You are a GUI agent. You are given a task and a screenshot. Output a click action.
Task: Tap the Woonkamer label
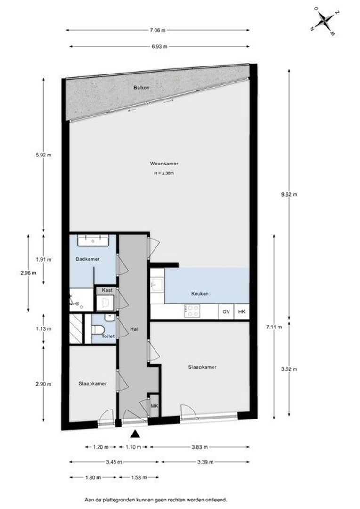164,164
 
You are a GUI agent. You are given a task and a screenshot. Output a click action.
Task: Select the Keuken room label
200,293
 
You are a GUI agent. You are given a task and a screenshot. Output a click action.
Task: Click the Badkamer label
87,259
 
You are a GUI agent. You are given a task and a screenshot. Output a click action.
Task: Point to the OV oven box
226,312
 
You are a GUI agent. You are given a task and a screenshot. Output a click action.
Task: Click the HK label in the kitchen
241,312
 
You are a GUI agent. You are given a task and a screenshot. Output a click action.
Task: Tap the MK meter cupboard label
154,405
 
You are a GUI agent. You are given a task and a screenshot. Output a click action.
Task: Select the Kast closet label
106,290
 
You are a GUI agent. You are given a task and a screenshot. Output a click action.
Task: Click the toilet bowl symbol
98,328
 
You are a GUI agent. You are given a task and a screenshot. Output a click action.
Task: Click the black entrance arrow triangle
135,434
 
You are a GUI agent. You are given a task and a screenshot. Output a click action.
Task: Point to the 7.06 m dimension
157,30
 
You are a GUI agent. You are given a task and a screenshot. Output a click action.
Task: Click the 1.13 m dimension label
44,329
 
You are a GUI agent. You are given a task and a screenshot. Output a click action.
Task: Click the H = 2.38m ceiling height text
164,173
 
